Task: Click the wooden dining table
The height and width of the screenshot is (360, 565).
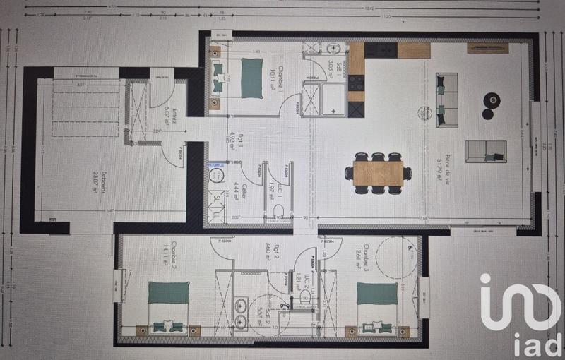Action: pos(378,173)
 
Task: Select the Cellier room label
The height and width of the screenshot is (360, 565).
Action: pos(243,191)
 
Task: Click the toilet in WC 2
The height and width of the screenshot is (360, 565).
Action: pos(305,297)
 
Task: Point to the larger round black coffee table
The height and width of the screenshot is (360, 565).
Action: pos(492,100)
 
